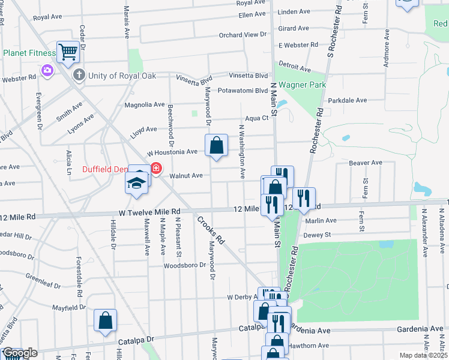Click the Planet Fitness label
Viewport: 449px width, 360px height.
pyautogui.click(x=28, y=53)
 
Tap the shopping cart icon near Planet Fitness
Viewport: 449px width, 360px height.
pyautogui.click(x=68, y=53)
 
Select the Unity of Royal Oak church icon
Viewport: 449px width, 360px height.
pyautogui.click(x=78, y=75)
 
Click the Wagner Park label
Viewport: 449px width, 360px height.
pyautogui.click(x=302, y=85)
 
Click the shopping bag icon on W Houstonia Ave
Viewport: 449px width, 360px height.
pyautogui.click(x=216, y=145)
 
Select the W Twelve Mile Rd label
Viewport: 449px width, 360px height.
pyautogui.click(x=149, y=212)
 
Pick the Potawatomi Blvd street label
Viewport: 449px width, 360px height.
pyautogui.click(x=243, y=91)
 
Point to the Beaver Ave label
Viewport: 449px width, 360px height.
pyautogui.click(x=366, y=163)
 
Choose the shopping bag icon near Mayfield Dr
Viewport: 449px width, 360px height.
pyautogui.click(x=106, y=321)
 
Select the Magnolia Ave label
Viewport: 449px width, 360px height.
pyautogui.click(x=144, y=104)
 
